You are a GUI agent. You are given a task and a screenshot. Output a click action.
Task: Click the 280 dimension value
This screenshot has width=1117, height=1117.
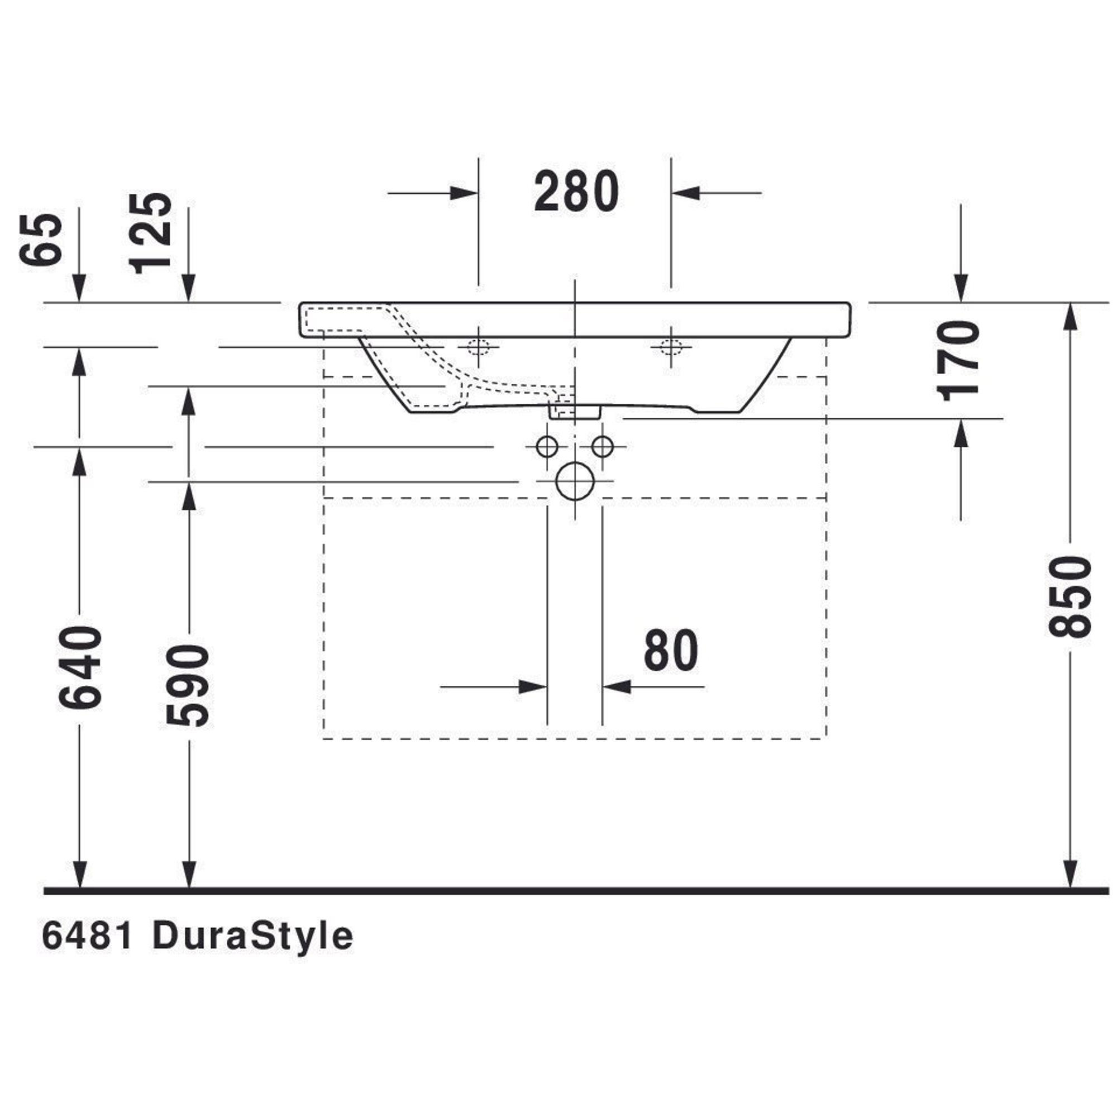point(576,192)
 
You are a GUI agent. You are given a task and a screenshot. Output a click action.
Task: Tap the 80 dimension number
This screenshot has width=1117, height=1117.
point(671,651)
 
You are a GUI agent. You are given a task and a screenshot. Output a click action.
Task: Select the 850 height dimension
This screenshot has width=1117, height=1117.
point(1070,596)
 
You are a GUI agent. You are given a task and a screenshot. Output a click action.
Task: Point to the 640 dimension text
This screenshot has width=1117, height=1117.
point(80,667)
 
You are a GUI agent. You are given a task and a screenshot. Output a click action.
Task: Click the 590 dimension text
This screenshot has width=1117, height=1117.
point(187,686)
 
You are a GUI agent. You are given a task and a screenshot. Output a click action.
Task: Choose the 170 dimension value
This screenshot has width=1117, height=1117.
point(958,361)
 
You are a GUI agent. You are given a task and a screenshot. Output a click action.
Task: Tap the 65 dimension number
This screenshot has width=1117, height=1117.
point(40,240)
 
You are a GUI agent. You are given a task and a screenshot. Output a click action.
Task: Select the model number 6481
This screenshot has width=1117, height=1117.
point(88,937)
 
